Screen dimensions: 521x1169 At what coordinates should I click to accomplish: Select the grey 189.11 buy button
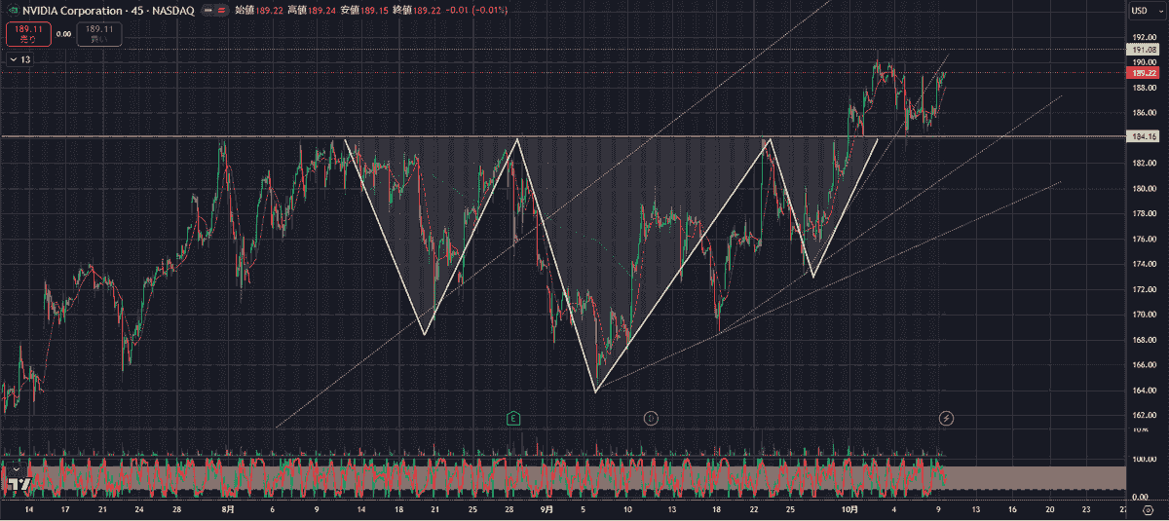pos(99,34)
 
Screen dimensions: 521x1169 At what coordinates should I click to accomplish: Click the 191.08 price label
pos(1141,49)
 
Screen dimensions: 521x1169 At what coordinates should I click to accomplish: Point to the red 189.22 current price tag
pos(1141,72)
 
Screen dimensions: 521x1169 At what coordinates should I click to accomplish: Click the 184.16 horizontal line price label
pos(1141,136)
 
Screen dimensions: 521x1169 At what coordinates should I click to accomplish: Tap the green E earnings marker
pos(513,418)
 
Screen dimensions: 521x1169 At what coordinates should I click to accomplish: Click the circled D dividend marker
pos(651,418)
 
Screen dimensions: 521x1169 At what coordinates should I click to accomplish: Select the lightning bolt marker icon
pos(946,418)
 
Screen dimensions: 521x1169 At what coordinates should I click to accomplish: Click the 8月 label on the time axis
pos(227,509)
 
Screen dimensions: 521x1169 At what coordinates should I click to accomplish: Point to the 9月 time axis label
pos(547,509)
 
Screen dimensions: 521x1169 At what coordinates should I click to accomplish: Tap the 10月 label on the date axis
pos(849,509)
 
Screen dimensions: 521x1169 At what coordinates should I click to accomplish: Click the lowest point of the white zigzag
pos(595,391)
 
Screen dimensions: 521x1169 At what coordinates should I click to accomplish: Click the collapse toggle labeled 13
pos(19,59)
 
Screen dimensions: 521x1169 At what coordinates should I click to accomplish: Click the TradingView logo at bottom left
pos(17,483)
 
